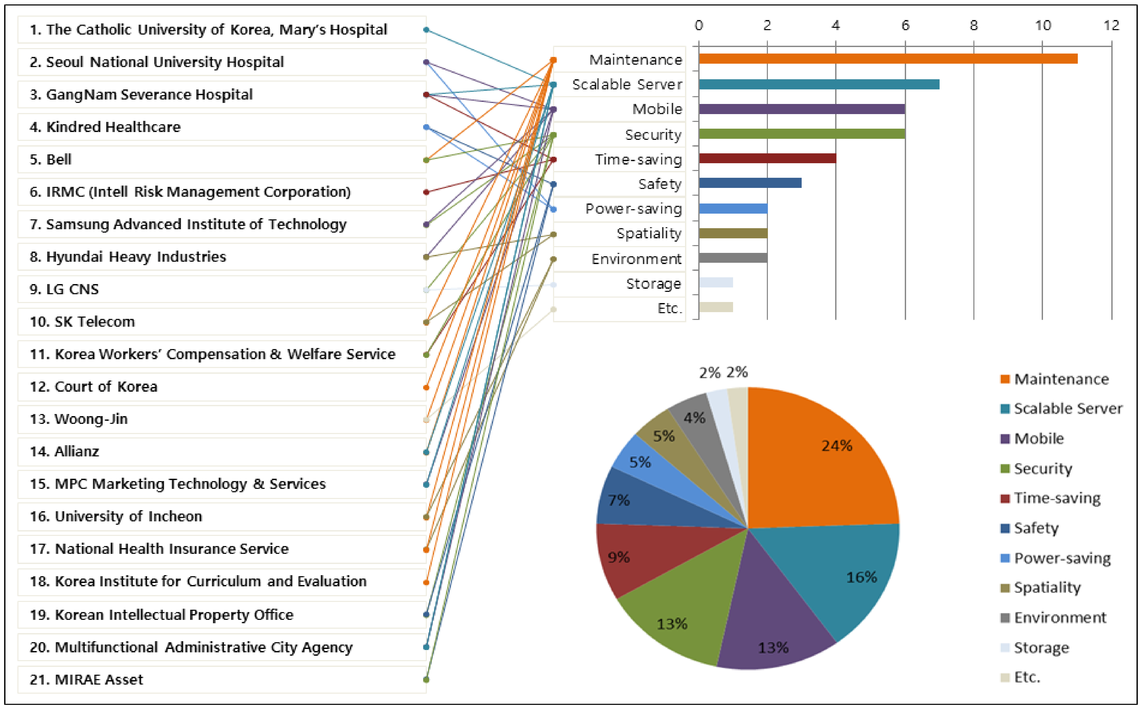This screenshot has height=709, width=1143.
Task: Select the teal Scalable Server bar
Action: coord(819,84)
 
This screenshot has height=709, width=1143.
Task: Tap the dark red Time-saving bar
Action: coord(767,158)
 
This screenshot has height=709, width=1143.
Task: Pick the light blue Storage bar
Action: coord(716,282)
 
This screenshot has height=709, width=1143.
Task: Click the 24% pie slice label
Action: coord(836,445)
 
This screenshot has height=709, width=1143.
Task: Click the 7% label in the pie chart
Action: coord(619,500)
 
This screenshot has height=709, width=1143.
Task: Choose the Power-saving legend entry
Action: coord(1062,558)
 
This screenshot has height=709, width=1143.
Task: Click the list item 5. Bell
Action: coord(51,159)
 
